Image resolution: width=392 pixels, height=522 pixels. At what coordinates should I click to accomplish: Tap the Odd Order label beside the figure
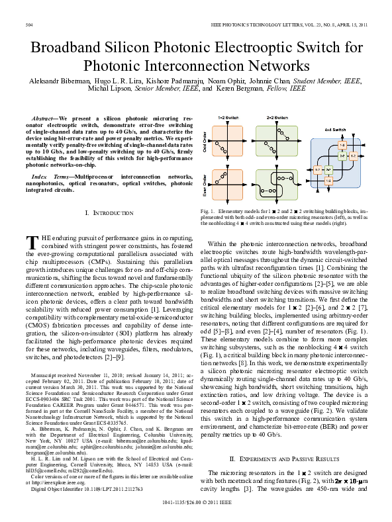204,141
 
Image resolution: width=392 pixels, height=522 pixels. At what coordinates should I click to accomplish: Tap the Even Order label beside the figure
204,183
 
